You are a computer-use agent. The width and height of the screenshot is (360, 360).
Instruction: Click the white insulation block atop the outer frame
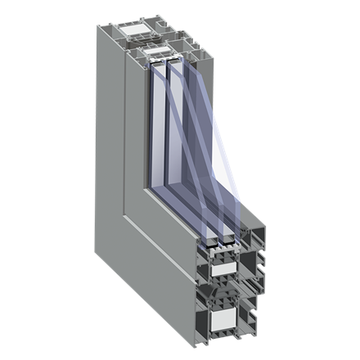pos(135,30)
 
